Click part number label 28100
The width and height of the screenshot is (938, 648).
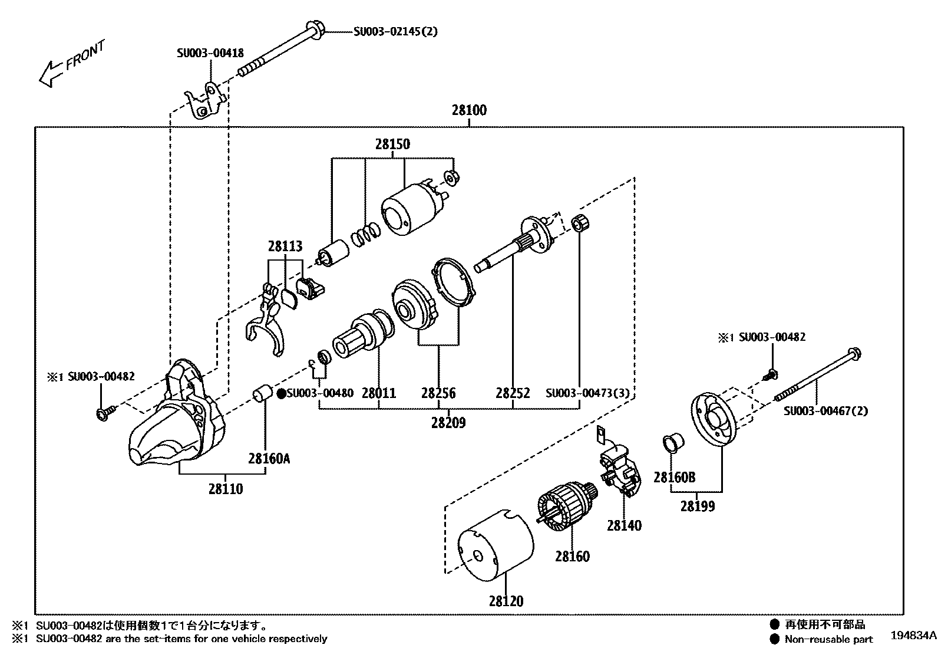click(469, 110)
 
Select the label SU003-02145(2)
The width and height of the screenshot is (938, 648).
click(395, 32)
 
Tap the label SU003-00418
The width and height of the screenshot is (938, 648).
click(210, 53)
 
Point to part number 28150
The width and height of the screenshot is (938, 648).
click(392, 144)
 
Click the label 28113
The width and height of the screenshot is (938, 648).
click(285, 246)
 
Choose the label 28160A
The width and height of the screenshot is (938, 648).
click(269, 458)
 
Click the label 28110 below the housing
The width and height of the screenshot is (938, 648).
click(225, 489)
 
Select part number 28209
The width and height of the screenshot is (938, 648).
click(448, 423)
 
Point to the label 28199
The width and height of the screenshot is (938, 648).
click(698, 506)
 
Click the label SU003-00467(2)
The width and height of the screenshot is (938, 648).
click(825, 411)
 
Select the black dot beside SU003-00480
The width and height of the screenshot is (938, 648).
click(281, 393)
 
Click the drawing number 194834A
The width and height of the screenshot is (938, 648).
click(913, 636)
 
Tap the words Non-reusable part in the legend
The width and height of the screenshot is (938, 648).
click(828, 639)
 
